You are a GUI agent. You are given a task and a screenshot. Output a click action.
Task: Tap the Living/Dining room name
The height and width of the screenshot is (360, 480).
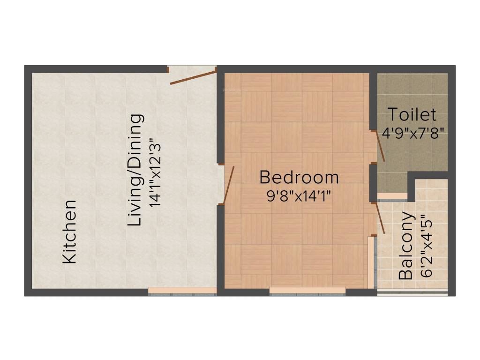(x=135, y=170)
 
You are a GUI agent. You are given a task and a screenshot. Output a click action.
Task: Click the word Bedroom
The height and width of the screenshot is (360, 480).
(x=299, y=178)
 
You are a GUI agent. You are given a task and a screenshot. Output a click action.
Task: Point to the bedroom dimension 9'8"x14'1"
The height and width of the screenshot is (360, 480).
(x=299, y=195)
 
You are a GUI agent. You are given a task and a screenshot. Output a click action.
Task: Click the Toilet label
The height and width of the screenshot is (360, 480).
(x=412, y=114)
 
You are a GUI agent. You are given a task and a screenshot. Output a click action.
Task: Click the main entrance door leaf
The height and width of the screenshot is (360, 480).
(x=192, y=78)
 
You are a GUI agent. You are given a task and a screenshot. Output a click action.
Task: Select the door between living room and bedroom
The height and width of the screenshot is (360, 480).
(x=229, y=186)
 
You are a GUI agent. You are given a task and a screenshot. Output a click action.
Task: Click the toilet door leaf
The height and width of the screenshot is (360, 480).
(x=381, y=146)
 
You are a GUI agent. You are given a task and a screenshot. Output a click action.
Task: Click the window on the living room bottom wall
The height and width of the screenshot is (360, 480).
(x=182, y=292)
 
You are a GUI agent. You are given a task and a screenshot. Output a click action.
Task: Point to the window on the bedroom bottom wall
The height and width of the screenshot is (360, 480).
(x=307, y=292)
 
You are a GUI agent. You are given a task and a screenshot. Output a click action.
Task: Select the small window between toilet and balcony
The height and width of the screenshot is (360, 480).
(x=392, y=196)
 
